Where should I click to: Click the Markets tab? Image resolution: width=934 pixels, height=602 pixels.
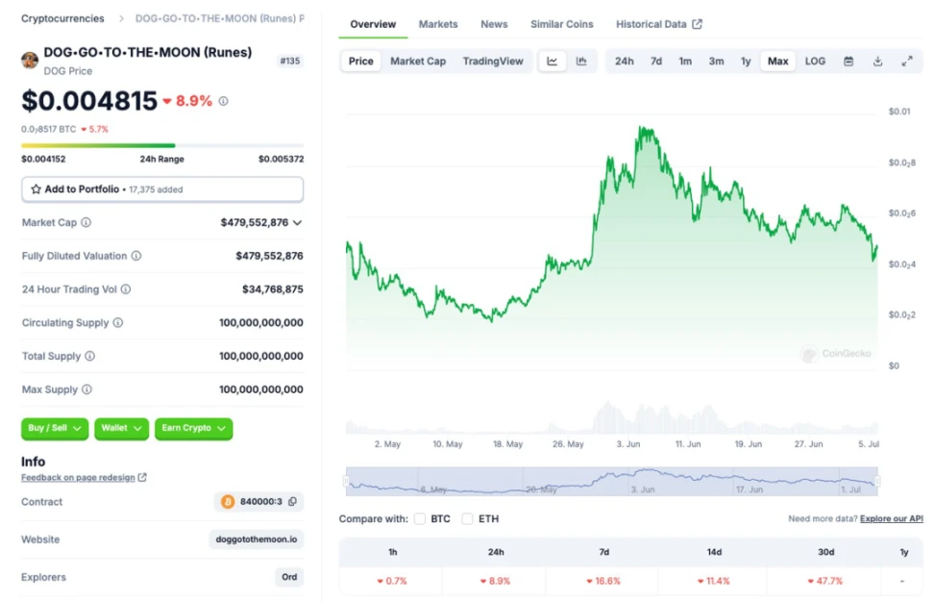438,24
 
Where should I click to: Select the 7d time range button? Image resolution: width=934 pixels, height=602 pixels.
655,62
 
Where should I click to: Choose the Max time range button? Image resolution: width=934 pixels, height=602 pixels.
777,62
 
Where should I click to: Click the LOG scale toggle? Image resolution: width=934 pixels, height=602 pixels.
815,62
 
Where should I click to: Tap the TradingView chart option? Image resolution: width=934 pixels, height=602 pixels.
493,62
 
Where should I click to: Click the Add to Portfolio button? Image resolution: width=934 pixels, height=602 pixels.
162,189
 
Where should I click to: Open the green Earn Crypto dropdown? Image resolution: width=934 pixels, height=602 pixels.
193,428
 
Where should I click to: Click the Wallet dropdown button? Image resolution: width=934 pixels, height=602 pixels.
121,428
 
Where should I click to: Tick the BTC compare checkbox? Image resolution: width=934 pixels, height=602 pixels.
420,519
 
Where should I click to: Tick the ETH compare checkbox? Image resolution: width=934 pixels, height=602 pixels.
467,519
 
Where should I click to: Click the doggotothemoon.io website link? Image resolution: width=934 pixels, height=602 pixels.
256,539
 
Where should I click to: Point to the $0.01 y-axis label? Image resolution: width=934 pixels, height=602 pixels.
899,113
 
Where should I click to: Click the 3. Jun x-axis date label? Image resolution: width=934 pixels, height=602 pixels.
627,444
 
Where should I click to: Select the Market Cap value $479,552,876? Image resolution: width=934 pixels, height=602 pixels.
255,222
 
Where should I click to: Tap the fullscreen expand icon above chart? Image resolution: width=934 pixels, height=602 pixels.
906,62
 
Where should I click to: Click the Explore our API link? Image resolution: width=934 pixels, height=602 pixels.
892,519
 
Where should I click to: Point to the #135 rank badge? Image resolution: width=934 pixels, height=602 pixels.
289,61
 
